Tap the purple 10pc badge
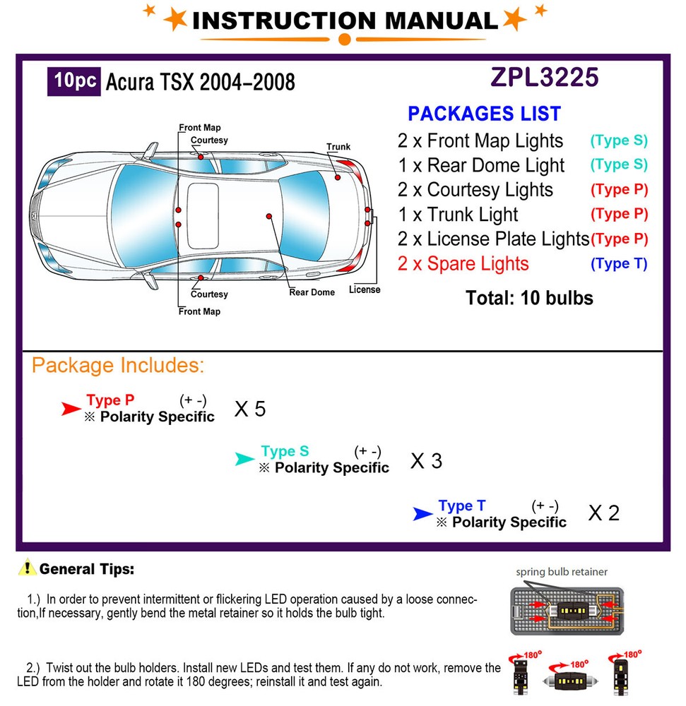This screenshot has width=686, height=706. pos(73,81)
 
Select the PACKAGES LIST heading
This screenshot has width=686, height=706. pos(484,114)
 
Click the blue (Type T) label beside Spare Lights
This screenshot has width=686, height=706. pos(619,263)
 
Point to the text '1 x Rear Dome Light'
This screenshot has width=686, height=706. pos(481,165)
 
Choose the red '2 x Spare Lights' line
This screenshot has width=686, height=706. pos(463,264)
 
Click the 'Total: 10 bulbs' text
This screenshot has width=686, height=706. pos(529,298)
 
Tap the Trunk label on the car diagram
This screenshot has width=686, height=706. pos(338,147)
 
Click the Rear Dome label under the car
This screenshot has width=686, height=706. pos(312,292)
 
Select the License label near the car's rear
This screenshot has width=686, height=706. pos(365,289)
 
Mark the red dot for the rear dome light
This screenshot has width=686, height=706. pos(268,215)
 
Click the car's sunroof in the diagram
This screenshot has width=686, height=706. pos(202,215)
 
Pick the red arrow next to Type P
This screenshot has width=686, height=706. pos(71,409)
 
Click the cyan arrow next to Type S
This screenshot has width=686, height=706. pos(244,460)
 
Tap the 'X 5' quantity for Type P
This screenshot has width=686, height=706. pos(249,409)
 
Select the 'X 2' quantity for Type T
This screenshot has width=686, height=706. pos(603,513)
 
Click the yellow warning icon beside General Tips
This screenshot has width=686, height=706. pos(28,567)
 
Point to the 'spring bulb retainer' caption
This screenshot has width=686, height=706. pos(561,572)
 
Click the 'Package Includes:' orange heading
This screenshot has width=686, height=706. pos(118,366)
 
